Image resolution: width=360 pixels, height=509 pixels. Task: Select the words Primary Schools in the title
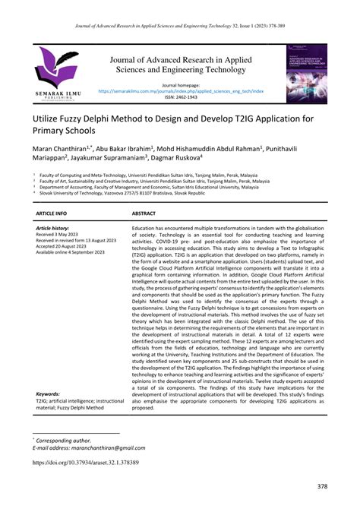pyautogui.click(x=68, y=134)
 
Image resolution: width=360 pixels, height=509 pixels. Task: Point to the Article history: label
pyautogui.click(x=53, y=228)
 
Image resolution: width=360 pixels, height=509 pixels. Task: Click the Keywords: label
pyautogui.click(x=49, y=394)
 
